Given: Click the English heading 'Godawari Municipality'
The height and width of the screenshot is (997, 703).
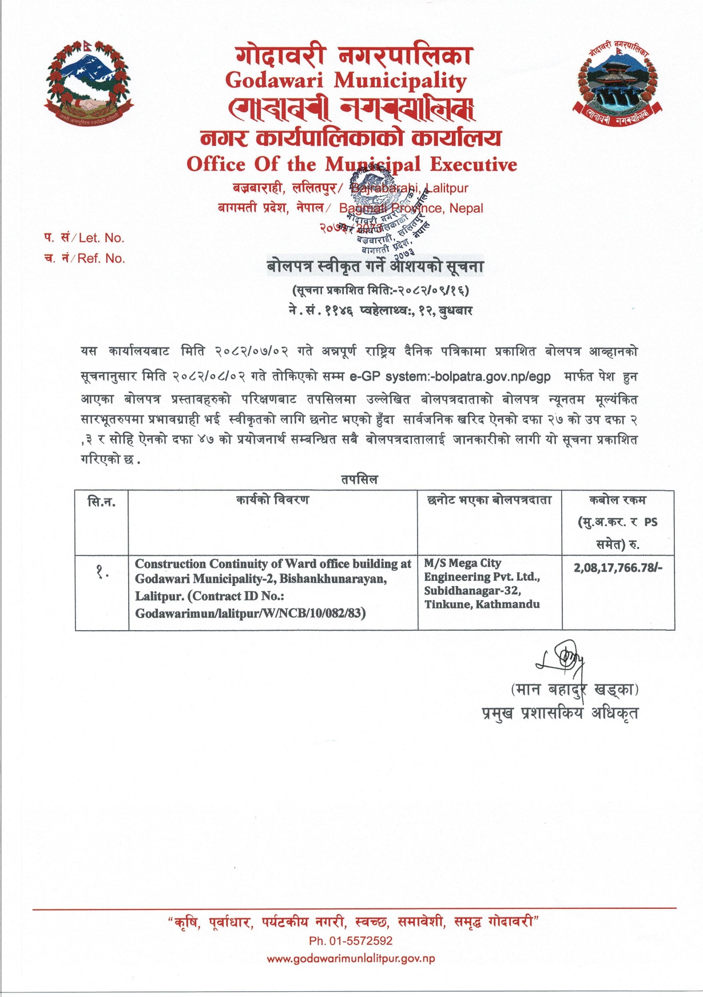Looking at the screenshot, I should coord(345,80).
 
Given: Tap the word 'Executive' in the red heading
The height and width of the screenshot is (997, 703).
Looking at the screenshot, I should coord(473,165).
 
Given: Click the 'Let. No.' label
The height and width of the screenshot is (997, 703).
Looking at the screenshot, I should coord(101,238).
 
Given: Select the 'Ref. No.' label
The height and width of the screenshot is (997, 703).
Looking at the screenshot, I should coord(101,259).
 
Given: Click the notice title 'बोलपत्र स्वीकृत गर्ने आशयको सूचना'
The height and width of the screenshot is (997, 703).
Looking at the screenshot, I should coord(375,267).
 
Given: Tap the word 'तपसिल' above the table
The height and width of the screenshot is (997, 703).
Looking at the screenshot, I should coord(359,480).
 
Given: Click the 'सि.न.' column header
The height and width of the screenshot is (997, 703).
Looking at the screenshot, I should coord(101,503).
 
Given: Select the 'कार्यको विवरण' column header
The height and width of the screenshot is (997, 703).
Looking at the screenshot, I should coord(273,500).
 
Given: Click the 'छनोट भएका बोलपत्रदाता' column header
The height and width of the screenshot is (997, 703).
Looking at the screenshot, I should coord(489,500).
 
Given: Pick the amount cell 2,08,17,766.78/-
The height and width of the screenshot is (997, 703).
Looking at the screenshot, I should coord(618,568).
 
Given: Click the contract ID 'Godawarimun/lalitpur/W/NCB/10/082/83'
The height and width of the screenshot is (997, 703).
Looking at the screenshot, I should coord(250,614).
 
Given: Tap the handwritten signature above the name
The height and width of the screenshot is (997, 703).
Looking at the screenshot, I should coord(563,660).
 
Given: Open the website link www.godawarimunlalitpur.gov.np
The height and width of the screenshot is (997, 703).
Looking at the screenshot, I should coord(351,959).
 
